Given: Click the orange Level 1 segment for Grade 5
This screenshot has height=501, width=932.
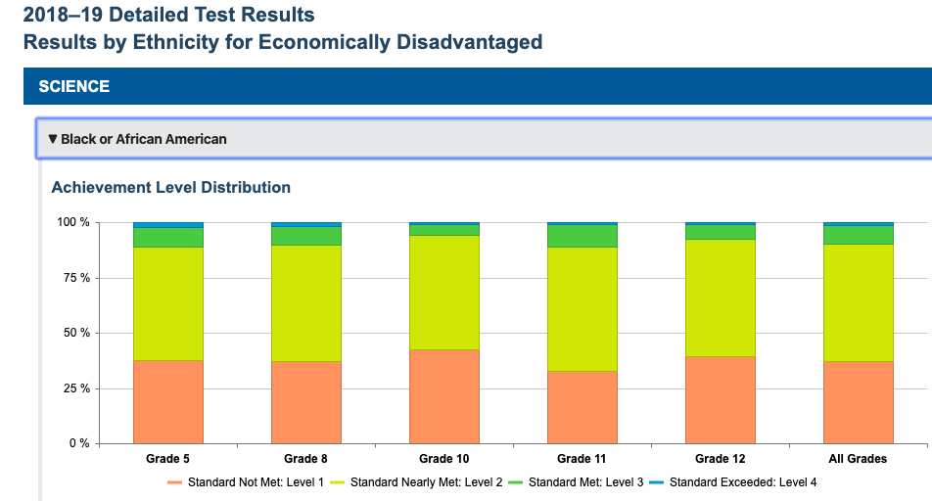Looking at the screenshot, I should point(167,402).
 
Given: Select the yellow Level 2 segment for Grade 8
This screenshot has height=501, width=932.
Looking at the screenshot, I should point(306,303).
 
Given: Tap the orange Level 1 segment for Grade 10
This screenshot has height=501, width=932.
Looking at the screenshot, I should point(444,396).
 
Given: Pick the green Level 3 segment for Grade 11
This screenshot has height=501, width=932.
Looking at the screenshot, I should point(582,236).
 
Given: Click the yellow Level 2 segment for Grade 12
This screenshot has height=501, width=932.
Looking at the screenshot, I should point(721,297).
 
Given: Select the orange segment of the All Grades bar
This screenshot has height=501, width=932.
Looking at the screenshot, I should point(859,402).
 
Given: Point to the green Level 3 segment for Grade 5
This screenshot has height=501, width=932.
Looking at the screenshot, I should point(167,237).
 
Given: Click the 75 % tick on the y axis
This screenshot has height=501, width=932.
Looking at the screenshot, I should point(73,278).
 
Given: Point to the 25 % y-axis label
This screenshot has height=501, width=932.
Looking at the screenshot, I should point(73,388).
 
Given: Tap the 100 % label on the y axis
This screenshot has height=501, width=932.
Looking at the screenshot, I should point(71,223).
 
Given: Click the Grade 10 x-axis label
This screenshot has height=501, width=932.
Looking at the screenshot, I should point(444,459).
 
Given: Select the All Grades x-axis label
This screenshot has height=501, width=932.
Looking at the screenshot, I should point(859,459).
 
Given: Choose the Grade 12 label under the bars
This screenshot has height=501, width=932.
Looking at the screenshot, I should point(721,459).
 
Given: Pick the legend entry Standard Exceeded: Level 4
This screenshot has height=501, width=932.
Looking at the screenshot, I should point(734,482).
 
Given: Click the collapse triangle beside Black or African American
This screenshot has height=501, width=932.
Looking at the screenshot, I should point(53,139).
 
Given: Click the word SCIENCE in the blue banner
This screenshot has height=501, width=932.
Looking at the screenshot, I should point(74,86).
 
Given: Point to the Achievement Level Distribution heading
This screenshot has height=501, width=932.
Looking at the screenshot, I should point(170,187).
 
